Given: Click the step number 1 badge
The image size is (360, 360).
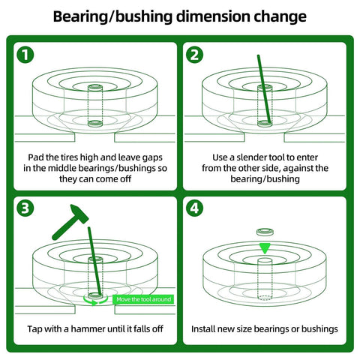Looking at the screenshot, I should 28,55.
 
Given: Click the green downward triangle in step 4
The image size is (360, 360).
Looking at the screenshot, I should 263,248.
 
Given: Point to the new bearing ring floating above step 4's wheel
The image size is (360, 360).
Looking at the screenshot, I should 263,232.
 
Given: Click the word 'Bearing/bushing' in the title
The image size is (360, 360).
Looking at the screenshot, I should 104,16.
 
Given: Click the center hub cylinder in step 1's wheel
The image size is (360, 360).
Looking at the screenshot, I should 94,105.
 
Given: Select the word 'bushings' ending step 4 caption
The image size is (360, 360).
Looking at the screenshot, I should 318,328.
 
